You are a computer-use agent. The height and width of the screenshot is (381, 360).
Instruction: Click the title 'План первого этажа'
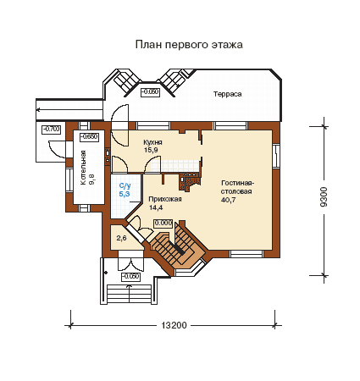pos(189,45)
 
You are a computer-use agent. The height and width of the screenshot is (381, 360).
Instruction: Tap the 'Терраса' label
pos(227,94)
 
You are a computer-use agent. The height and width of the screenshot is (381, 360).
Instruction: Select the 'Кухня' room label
pos(152,142)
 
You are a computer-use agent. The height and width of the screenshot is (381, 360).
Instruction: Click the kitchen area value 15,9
pos(151,150)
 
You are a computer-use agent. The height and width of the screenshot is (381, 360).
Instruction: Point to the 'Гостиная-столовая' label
pos(237,187)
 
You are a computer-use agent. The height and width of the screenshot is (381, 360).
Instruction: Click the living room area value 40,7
pos(228,200)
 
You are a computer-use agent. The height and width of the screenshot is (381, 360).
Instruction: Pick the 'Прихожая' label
pos(165,199)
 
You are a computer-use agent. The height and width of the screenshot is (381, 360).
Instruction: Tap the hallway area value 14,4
pos(156,207)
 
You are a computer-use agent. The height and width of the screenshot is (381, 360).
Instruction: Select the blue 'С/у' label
pos(125,186)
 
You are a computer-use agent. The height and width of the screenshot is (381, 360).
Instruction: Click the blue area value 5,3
pos(125,194)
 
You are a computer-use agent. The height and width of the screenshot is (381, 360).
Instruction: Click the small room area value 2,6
pos(121,238)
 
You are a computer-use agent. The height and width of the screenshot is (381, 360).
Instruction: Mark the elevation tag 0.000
pos(163,224)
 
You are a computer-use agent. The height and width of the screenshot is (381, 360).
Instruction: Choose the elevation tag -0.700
pos(52,130)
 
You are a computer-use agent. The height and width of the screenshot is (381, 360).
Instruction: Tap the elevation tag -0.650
pos(89,137)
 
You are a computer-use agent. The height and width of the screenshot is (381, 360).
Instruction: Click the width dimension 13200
pos(174,325)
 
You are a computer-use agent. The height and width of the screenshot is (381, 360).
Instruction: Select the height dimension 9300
pos(324,196)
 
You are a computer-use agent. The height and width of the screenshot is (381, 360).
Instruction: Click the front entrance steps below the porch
pos(130,294)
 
